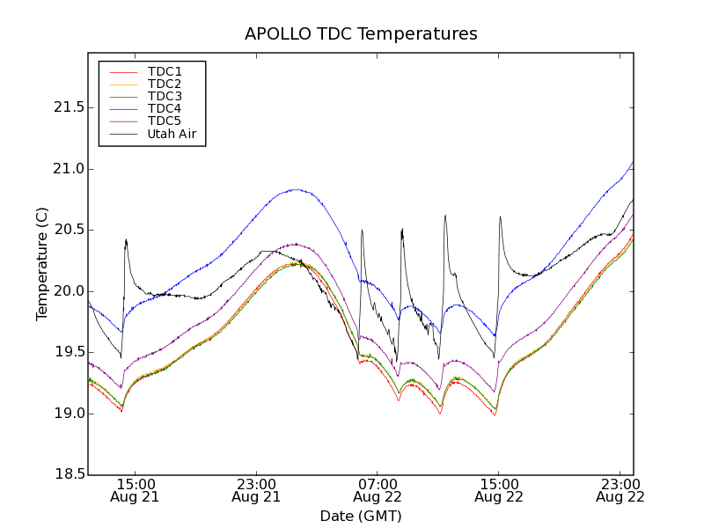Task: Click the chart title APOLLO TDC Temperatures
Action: (361, 34)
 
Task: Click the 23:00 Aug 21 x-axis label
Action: (257, 490)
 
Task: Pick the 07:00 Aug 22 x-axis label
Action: (378, 490)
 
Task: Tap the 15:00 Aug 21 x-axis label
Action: (136, 490)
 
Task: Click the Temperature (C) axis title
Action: (42, 264)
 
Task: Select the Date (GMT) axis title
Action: (361, 516)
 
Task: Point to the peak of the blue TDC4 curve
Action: (633, 162)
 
